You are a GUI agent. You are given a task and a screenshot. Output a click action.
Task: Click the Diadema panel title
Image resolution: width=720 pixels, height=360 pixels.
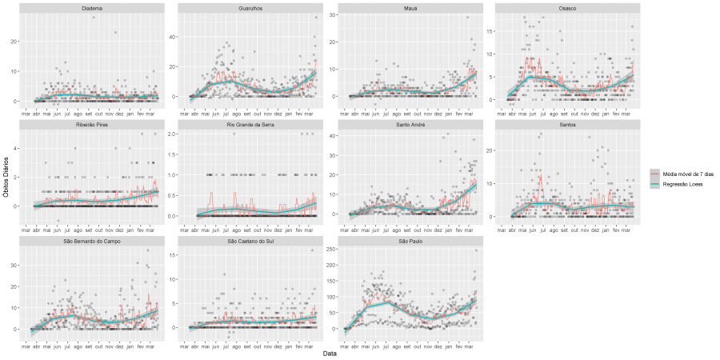(x=91, y=8)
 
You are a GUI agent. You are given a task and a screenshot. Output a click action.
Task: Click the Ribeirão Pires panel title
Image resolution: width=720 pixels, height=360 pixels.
(x=91, y=126)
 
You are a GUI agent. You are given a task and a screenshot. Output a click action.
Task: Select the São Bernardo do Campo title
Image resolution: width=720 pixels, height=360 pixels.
(x=91, y=242)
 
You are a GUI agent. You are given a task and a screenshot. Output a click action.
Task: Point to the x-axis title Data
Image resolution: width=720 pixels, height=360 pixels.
(x=330, y=353)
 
